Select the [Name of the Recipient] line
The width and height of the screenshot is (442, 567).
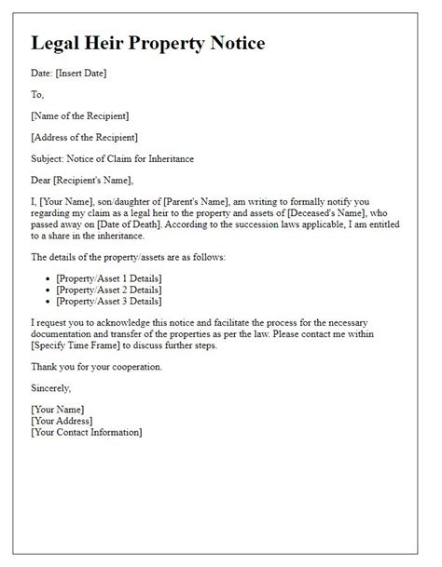(x=80, y=115)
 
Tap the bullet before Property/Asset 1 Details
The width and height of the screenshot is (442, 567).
(x=48, y=278)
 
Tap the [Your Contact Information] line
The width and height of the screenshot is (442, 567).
(x=86, y=432)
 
